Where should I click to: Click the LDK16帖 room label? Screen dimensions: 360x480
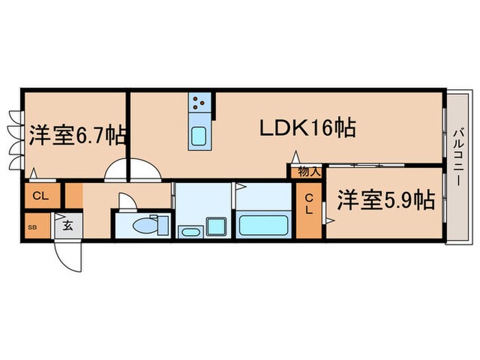[x=306, y=128]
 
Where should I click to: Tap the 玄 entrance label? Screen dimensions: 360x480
[x=68, y=224]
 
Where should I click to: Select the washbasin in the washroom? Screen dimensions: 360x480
[x=189, y=232]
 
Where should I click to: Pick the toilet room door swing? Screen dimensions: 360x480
[x=128, y=202]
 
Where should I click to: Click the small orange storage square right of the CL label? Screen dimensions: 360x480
[x=73, y=195]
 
